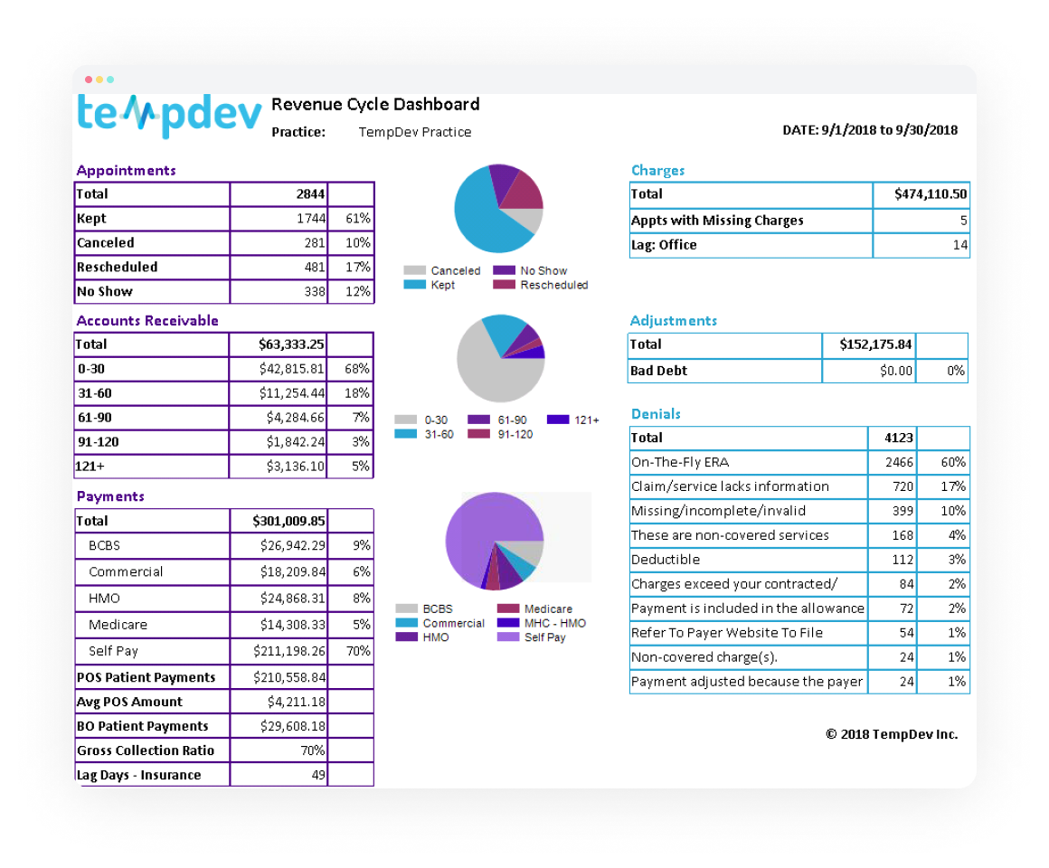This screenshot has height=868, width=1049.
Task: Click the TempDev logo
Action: pyautogui.click(x=169, y=116)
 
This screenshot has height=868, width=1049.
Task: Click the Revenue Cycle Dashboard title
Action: pyautogui.click(x=375, y=104)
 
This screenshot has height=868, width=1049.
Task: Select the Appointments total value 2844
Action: pyautogui.click(x=310, y=193)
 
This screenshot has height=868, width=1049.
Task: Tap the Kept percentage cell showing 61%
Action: pyautogui.click(x=357, y=219)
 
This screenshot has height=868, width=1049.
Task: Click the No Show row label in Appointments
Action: pyautogui.click(x=105, y=292)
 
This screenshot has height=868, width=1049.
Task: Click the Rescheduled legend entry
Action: pyautogui.click(x=553, y=285)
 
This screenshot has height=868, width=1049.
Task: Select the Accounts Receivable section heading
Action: pyautogui.click(x=147, y=321)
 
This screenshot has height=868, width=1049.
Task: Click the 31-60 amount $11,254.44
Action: pyautogui.click(x=291, y=393)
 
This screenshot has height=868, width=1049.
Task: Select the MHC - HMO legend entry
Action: pyautogui.click(x=553, y=623)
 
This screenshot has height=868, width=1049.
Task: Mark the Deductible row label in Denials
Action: pyautogui.click(x=666, y=560)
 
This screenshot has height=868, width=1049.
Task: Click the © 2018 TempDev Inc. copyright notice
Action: pyautogui.click(x=891, y=734)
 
